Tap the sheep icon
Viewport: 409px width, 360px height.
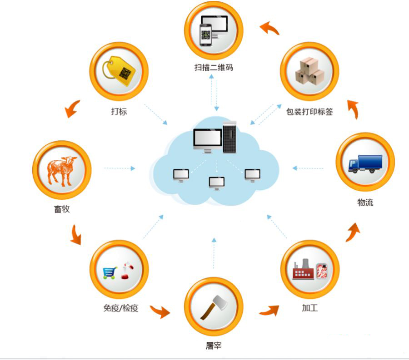[x=62, y=171]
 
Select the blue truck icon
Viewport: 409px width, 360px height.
[x=365, y=163]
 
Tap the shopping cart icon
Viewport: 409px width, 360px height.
[x=110, y=272]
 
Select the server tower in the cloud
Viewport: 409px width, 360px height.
[x=229, y=136]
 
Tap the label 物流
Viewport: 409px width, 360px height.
[x=365, y=203]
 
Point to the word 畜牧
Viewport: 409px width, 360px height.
[x=61, y=210]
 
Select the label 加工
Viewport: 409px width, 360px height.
[x=309, y=308]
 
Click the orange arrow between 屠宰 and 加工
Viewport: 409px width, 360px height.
[x=269, y=311]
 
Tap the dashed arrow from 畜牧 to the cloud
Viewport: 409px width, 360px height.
[x=119, y=168]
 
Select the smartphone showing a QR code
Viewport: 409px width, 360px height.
[x=206, y=35]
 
